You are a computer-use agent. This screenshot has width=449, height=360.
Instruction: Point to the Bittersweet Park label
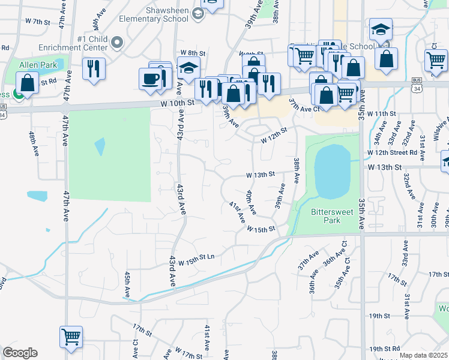325,216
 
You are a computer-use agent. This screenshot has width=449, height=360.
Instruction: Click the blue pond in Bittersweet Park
331,170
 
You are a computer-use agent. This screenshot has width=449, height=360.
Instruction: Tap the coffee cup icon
150,78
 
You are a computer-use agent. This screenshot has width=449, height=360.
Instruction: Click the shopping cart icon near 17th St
71,337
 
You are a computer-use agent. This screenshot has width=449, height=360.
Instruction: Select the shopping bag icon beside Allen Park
27,83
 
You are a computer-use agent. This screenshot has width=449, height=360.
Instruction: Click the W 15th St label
260,229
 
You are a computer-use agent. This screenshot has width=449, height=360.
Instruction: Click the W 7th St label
36,22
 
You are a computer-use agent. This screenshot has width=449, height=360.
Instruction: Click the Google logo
20,353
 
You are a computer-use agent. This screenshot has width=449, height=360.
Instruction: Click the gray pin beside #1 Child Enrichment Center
118,43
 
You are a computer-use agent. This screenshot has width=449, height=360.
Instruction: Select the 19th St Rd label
385,349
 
